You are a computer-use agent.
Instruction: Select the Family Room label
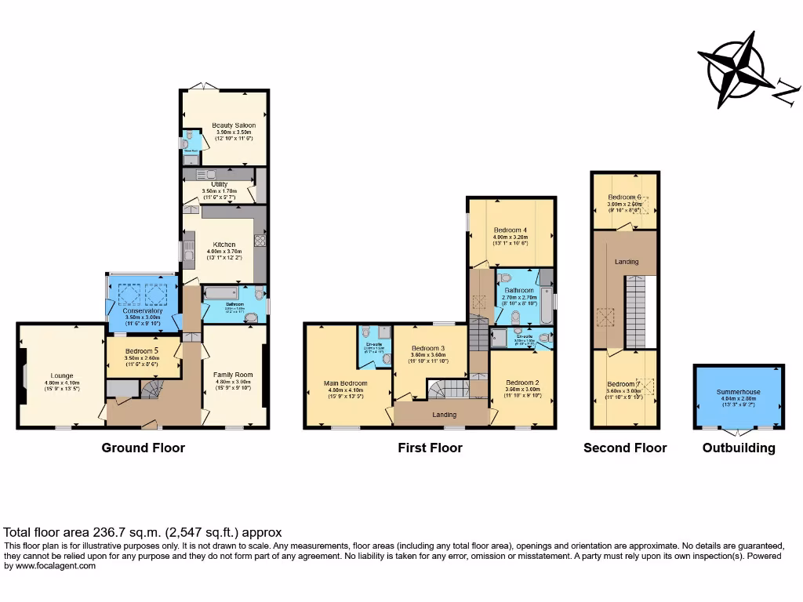(233, 375)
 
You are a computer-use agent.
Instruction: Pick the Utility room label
(219, 184)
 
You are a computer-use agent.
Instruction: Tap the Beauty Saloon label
(234, 125)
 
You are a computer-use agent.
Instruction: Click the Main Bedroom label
(345, 383)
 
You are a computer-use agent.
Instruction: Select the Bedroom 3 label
(428, 348)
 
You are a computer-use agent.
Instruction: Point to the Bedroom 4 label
(510, 230)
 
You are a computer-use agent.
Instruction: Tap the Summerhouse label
(738, 391)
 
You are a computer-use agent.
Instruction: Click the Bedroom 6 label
(626, 197)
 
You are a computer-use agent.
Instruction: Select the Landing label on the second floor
(626, 262)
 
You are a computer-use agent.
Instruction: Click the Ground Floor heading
(143, 448)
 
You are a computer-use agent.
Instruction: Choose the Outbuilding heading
(738, 448)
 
